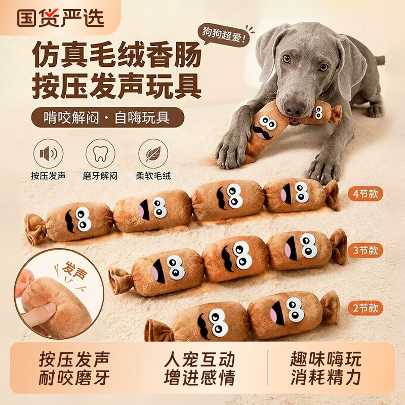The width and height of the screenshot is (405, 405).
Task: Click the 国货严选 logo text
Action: (x=61, y=18)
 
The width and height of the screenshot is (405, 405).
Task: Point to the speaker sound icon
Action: (x=48, y=154)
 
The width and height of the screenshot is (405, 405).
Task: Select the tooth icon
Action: (x=100, y=154)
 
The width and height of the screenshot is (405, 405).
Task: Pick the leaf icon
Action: (x=153, y=154)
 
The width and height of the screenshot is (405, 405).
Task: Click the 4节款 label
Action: (x=365, y=194)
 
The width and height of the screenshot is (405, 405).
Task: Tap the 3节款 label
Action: (x=365, y=251)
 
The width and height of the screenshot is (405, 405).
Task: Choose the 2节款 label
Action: (x=365, y=308)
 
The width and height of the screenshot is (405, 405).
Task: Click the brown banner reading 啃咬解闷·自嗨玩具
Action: (x=108, y=118)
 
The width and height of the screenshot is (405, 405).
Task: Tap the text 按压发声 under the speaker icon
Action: (x=48, y=176)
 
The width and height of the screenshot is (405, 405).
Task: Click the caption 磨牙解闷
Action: (x=100, y=176)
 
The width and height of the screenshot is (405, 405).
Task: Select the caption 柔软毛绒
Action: (x=153, y=176)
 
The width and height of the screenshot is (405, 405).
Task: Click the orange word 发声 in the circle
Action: (x=75, y=270)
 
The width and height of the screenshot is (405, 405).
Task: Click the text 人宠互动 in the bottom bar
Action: (x=199, y=359)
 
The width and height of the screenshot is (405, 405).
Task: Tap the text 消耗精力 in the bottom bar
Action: (x=326, y=378)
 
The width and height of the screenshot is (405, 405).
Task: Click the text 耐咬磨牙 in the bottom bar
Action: (x=74, y=378)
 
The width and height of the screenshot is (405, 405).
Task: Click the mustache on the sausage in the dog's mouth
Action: (x=263, y=132)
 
